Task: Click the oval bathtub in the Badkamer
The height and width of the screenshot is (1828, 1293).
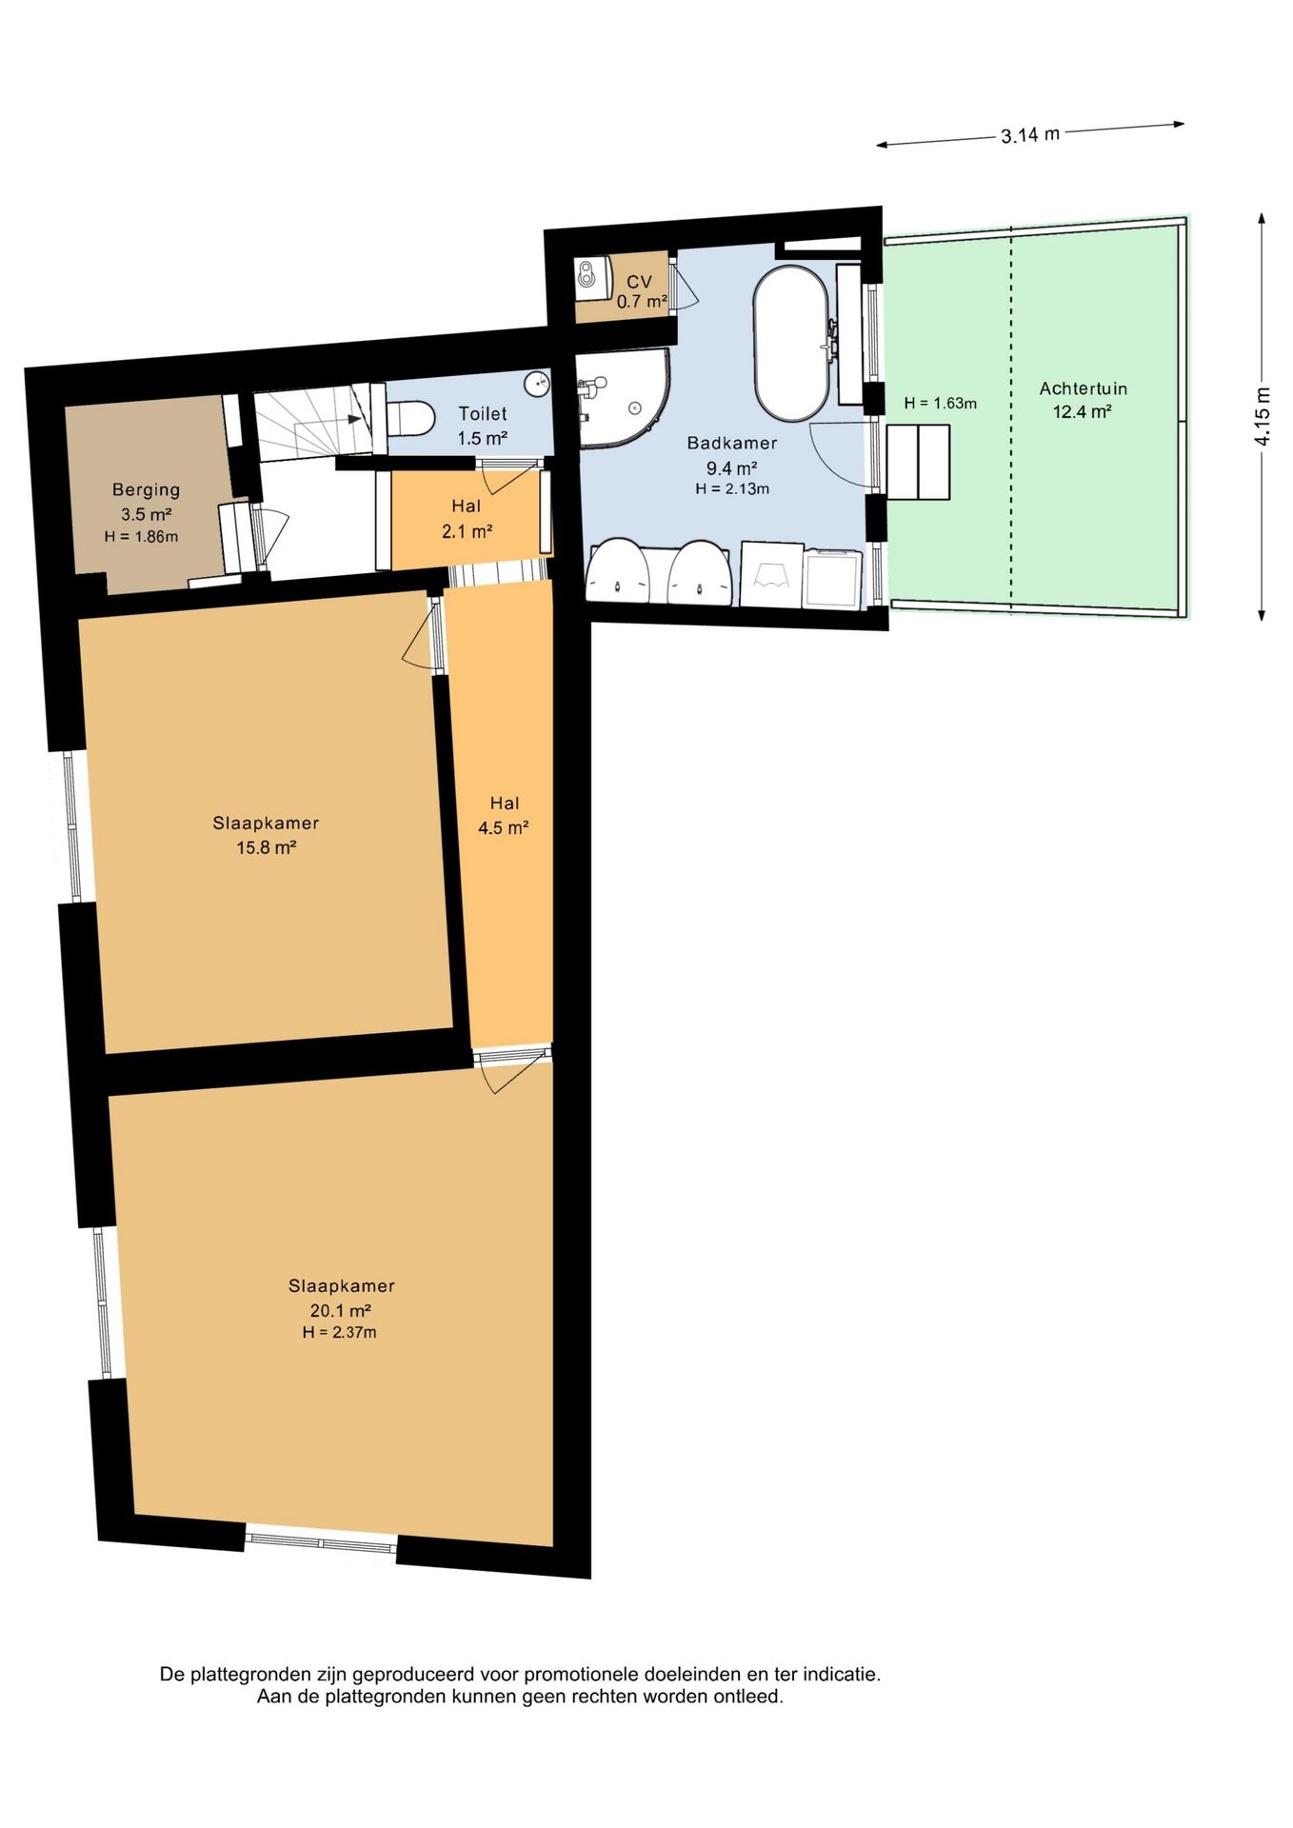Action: [790, 343]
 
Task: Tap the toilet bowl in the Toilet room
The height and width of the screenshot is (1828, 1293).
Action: [410, 417]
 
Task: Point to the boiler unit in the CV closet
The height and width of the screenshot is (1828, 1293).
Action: [591, 274]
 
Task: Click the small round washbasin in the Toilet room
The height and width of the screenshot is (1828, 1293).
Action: [538, 383]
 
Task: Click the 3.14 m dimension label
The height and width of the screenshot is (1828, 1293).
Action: [1030, 134]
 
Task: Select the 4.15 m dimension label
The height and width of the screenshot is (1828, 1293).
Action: [1262, 416]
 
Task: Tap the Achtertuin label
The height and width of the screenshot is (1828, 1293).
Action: [1084, 388]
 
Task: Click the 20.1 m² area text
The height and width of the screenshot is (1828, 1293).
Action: [340, 1310]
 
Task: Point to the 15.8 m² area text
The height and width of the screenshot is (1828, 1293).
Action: [266, 847]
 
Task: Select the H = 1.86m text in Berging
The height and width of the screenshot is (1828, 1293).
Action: [141, 537]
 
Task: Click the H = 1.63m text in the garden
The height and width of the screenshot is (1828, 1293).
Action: [941, 404]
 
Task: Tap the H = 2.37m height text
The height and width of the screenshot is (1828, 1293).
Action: [339, 1333]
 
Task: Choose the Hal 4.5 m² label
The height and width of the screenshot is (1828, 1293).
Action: [504, 816]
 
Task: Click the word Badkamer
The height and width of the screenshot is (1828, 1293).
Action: [732, 443]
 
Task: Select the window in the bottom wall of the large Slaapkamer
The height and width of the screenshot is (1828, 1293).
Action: [321, 1540]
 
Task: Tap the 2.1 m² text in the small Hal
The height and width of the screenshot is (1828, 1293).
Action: [467, 531]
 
